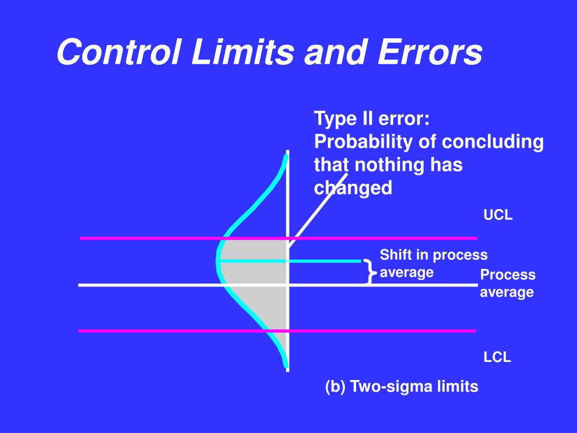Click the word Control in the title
tap(113, 53)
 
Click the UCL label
tap(498, 215)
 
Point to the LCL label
tap(497, 357)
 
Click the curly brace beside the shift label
tap(369, 272)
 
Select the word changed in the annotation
tap(353, 188)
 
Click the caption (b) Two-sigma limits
tap(401, 386)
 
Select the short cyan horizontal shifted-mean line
tap(327, 261)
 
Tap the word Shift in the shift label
tap(396, 255)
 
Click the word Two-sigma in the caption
tap(398, 386)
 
